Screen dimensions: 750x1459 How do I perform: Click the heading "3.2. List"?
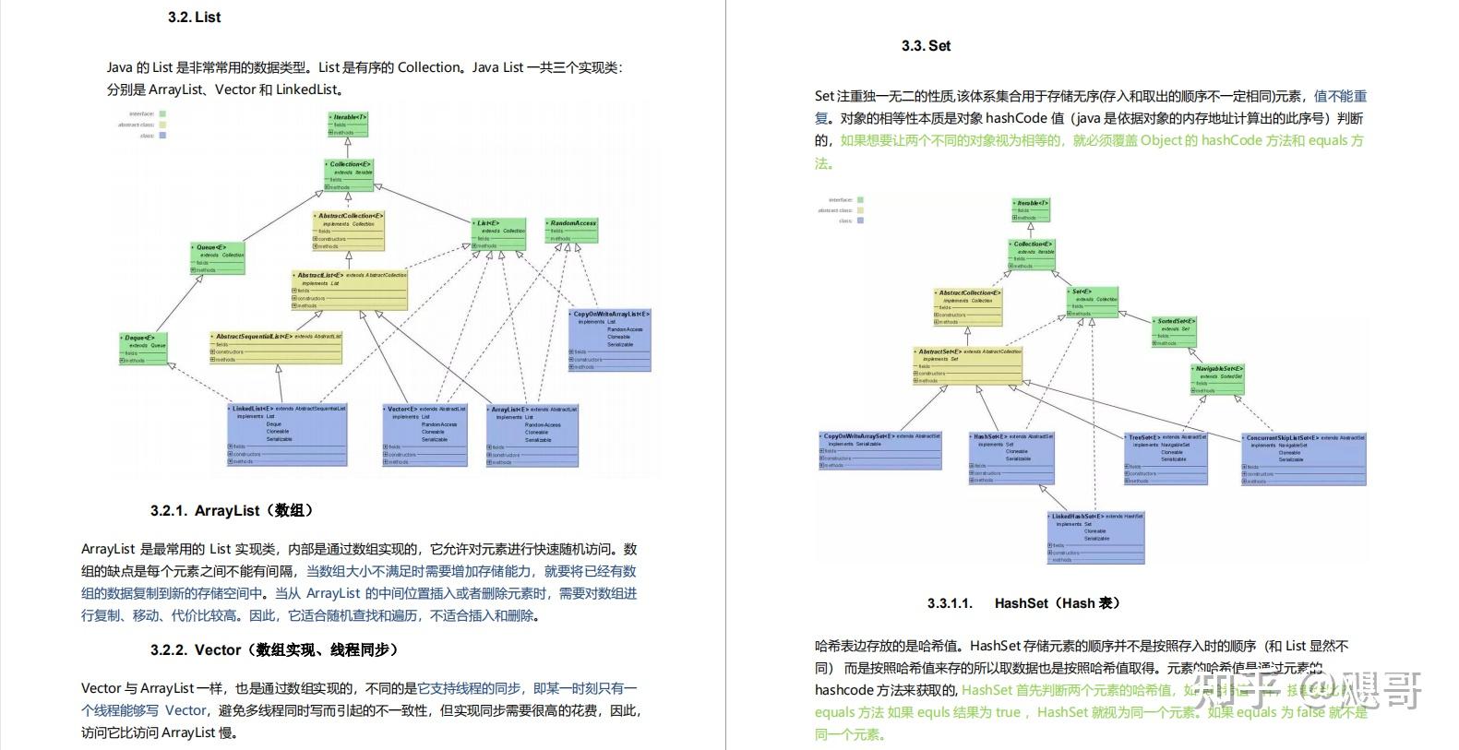tap(194, 18)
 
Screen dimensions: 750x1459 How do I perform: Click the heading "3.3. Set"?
tap(926, 46)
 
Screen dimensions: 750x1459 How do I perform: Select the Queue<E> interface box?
tap(219, 258)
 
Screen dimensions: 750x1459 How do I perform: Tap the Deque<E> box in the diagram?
tap(145, 349)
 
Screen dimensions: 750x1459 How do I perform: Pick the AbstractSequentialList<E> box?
tap(276, 348)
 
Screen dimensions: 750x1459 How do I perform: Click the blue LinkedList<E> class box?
tap(288, 434)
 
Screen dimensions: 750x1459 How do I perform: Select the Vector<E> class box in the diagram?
tap(425, 435)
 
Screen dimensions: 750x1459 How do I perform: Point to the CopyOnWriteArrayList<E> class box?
tap(610, 340)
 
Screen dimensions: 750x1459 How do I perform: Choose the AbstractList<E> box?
tap(349, 290)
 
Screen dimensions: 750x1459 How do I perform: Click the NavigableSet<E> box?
tap(1217, 379)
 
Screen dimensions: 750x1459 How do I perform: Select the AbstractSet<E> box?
tap(968, 365)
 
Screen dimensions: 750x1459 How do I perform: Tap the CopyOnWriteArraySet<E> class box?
tap(880, 450)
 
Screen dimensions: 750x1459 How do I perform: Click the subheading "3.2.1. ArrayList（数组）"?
tap(232, 510)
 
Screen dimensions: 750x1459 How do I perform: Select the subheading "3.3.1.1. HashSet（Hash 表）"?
tap(1023, 603)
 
